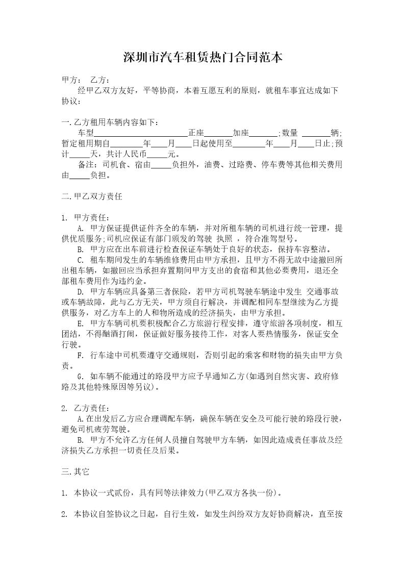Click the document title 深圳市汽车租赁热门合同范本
point(202,57)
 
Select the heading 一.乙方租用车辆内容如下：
point(110,122)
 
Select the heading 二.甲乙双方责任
point(92,196)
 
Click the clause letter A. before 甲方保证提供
point(80,228)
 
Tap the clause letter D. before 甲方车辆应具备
point(80,291)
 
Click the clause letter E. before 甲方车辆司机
point(80,323)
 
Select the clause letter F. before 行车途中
point(80,355)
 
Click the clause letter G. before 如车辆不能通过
point(80,376)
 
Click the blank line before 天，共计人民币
point(79,154)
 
